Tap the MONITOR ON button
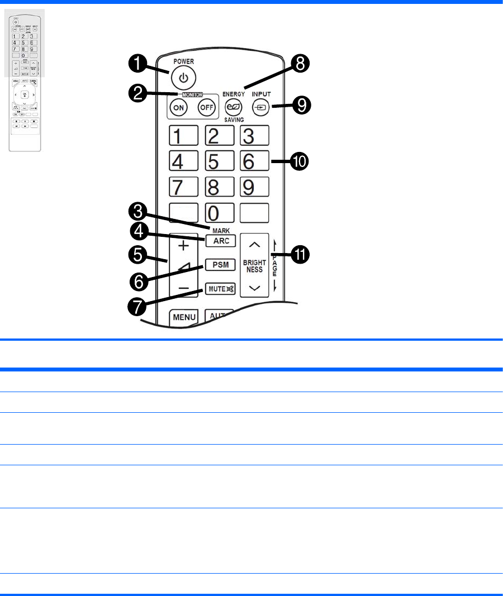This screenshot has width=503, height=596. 179,108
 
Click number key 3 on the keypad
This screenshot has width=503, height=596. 254,136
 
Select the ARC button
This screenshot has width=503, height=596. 220,241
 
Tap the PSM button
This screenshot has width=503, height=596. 220,264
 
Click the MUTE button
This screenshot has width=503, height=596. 220,289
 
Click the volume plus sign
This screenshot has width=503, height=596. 184,246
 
